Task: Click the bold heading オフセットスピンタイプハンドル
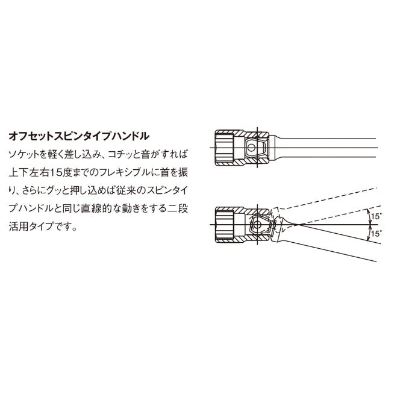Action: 79,136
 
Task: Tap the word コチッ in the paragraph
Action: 120,154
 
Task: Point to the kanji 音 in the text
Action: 146,154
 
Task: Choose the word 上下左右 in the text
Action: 29,173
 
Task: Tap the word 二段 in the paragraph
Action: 178,209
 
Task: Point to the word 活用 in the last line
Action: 18,227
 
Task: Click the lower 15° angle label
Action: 376,234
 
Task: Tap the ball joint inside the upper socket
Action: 251,148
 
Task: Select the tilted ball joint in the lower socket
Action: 257,225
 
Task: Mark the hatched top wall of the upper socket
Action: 242,133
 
